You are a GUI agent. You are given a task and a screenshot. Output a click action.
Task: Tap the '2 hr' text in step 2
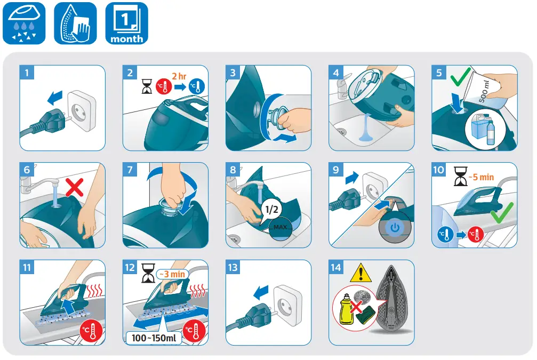(179, 76)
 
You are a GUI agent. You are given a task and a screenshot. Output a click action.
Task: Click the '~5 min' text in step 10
(482, 177)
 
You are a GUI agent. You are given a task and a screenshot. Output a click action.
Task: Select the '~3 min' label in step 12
(172, 274)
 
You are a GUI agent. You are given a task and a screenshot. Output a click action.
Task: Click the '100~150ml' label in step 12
(153, 338)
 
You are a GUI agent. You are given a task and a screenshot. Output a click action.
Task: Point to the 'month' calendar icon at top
(126, 23)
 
